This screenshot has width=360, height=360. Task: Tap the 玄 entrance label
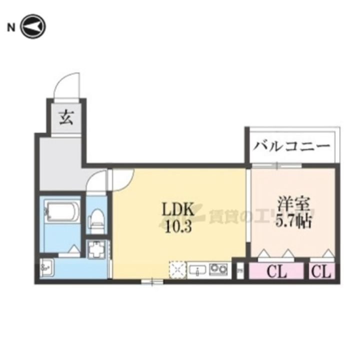pos(65,118)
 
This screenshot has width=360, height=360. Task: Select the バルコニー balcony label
pos(292,146)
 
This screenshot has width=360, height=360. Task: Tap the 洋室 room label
pos(294,205)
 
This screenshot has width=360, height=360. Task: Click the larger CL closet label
pos(276,272)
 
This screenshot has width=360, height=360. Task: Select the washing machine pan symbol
pos(97,249)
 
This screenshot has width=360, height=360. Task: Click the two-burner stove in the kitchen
pos(217,270)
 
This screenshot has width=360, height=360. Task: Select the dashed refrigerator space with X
pos(177,270)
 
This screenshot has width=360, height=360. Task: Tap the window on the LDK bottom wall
pos(150,282)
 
